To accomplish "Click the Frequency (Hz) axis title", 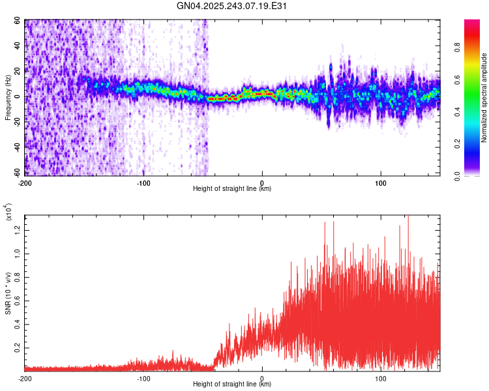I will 8,97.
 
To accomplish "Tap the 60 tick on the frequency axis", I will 18,21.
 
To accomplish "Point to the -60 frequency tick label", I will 16,173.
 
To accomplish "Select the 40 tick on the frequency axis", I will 18,46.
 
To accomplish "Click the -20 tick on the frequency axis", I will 16,123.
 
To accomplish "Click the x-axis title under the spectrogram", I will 232,189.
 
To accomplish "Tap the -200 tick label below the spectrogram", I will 25,182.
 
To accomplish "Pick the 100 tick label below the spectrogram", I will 381,182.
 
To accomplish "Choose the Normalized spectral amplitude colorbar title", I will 484,98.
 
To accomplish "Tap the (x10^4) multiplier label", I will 8,212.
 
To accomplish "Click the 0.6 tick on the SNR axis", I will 18,300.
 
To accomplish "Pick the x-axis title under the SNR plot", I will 232,384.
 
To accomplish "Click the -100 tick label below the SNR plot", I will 143,377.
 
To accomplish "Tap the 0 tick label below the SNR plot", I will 262,377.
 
